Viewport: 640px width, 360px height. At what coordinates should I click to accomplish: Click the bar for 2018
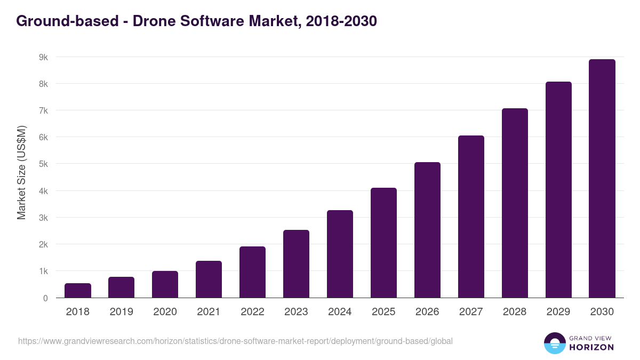(78, 291)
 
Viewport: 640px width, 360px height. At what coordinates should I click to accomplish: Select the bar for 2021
(209, 279)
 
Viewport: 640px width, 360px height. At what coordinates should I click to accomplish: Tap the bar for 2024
(340, 254)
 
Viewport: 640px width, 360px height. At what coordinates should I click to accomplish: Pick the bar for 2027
(471, 217)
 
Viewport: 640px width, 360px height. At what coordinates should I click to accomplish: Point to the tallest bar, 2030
(602, 179)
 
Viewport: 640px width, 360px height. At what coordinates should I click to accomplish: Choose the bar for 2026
(427, 230)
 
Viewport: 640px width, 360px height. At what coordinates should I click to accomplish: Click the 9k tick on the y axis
(42, 57)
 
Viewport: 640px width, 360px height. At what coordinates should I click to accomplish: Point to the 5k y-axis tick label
(42, 164)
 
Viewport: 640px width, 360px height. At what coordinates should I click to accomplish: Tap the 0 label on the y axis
(45, 298)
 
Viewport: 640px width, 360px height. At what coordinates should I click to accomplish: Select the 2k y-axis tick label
(42, 244)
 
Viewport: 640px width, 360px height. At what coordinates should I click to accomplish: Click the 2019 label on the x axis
(121, 312)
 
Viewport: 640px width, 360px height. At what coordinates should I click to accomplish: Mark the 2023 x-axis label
(296, 312)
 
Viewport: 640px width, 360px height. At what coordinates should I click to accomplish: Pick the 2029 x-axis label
(558, 312)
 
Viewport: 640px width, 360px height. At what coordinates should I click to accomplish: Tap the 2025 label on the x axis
(383, 312)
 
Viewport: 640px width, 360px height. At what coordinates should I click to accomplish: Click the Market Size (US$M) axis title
(21, 172)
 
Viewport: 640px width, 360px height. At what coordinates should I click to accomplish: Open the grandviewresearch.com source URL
(235, 341)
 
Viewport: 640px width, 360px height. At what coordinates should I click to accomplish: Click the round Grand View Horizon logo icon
(555, 343)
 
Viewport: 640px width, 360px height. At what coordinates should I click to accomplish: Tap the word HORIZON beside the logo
(591, 347)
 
